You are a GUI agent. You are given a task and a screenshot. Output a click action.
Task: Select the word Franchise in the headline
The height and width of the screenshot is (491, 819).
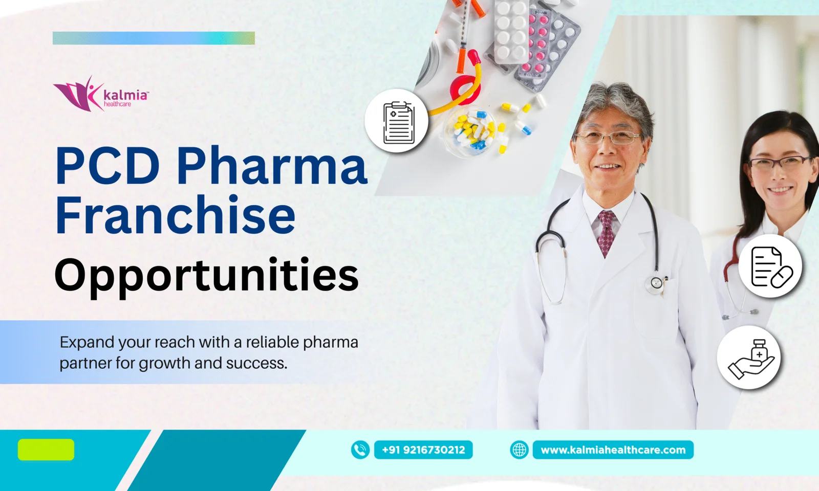pos(175,215)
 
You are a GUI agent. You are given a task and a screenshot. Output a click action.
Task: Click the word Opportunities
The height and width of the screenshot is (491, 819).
pos(206,276)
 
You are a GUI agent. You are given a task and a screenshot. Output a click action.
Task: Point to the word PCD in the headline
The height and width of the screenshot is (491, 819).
pos(108,166)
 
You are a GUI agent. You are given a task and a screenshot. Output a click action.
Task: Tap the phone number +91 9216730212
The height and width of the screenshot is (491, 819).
pos(423,450)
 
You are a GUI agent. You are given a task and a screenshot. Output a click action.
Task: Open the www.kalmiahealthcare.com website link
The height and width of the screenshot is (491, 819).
pos(613,450)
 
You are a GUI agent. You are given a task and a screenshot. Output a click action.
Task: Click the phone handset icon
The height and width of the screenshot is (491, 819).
pos(360,450)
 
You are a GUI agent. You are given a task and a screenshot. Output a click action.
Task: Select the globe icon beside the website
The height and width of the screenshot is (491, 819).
pos(519,450)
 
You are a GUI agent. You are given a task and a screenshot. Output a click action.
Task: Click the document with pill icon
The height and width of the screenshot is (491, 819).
pos(770,266)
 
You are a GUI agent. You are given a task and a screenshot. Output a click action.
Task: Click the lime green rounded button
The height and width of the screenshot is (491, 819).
pos(46,450)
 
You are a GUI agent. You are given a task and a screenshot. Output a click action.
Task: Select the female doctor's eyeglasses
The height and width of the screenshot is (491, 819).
pos(778,163)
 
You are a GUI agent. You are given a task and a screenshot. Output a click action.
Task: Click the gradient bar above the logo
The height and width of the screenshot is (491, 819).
pos(154,38)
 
